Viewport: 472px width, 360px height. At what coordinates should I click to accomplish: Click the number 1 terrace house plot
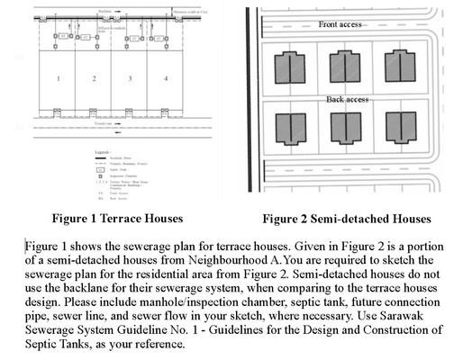click(x=58, y=79)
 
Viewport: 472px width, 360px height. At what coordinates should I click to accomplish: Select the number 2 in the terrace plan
click(x=93, y=79)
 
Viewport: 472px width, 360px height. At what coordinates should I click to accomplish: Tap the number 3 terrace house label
click(x=130, y=79)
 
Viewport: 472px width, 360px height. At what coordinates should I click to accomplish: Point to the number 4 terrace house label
click(x=165, y=79)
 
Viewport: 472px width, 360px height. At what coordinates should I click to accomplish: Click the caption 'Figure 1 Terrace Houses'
click(x=107, y=218)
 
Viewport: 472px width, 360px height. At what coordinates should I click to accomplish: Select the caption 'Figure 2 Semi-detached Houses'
click(x=346, y=219)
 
